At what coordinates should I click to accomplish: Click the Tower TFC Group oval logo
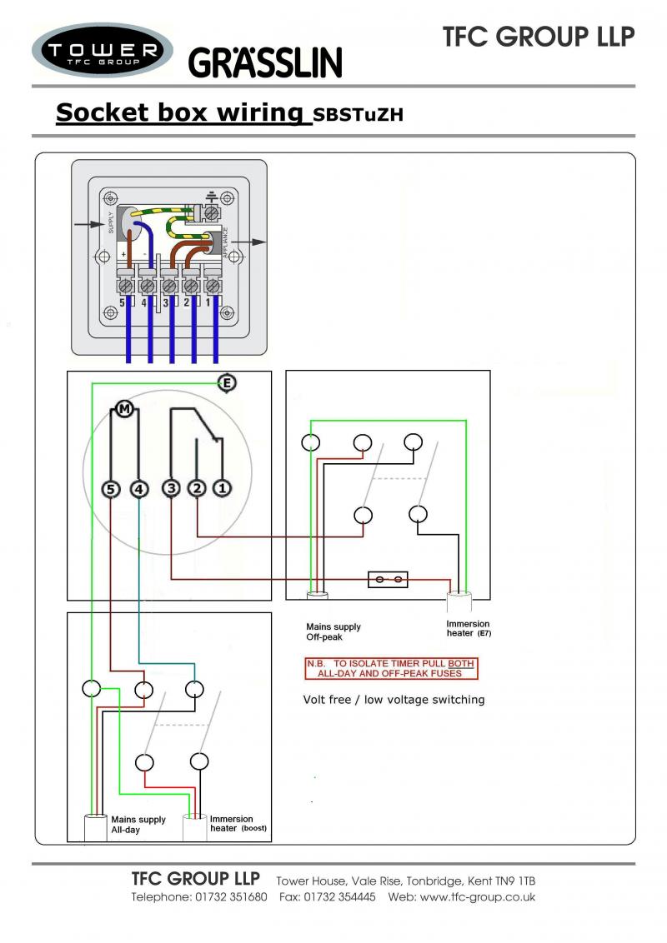coord(102,52)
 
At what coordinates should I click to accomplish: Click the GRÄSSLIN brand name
coord(265,62)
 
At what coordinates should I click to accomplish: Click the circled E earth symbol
coord(226,383)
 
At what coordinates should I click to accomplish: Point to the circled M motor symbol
coord(124,408)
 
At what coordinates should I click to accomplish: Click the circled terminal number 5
coord(112,489)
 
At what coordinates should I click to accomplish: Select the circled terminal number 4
coord(138,489)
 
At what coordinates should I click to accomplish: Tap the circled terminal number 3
coord(171,489)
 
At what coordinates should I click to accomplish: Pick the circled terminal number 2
coord(197,489)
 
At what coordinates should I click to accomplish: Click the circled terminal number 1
coord(222,489)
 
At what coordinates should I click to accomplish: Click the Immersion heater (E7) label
coord(469,629)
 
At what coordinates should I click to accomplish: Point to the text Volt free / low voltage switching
coord(394,700)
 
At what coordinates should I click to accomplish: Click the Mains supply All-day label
coord(138,825)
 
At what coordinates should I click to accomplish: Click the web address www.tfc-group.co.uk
coord(477,897)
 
